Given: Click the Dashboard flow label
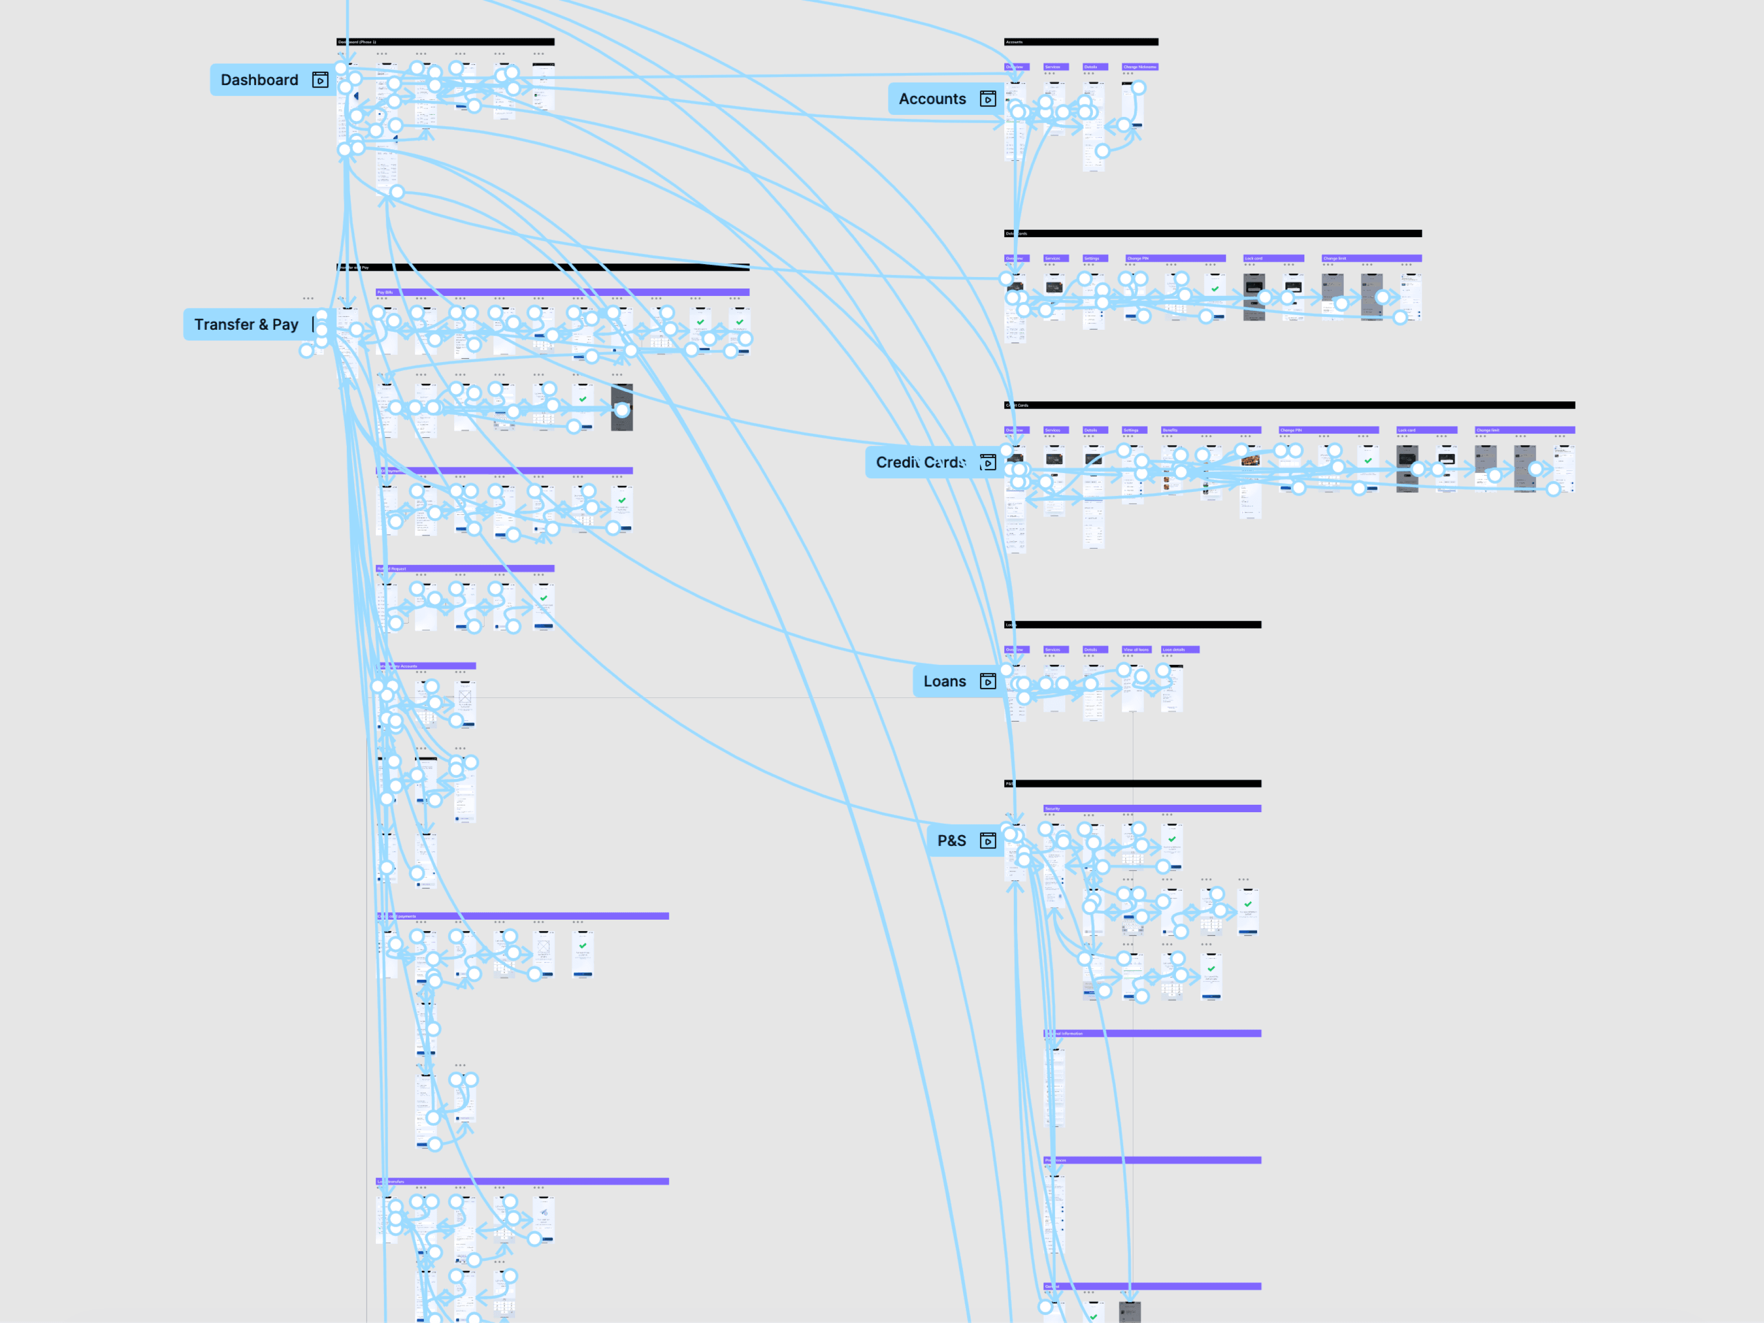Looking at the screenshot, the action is point(259,80).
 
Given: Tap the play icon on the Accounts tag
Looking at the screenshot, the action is point(987,99).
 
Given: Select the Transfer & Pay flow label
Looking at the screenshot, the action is point(246,325).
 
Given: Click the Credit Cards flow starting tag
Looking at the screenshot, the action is point(921,463).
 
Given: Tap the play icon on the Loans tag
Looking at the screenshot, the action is point(987,681).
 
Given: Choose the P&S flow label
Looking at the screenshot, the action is point(951,841).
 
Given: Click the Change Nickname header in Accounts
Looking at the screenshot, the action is point(1140,67).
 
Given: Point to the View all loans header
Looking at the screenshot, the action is point(1136,649).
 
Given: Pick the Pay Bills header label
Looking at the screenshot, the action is point(385,292).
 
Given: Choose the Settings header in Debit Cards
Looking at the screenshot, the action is point(1092,258).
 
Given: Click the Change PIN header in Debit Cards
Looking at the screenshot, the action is point(1138,258).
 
